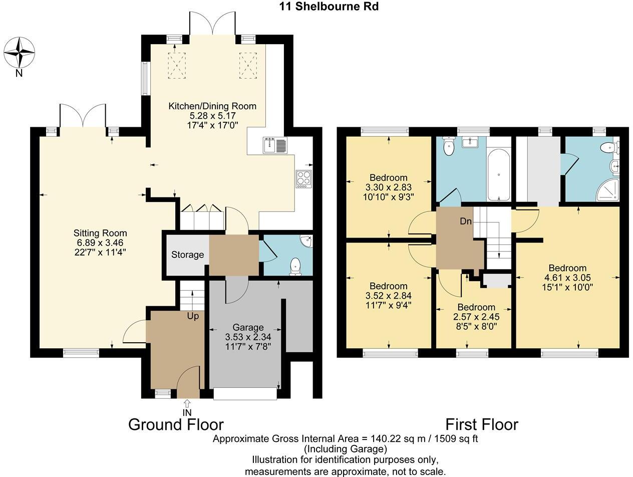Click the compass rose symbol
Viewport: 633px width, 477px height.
tap(20, 53)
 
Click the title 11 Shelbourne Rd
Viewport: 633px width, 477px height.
tap(329, 7)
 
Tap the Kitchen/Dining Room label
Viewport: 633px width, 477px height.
tap(212, 106)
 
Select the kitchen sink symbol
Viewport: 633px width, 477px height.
tap(274, 145)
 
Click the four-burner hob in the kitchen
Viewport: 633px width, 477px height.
tap(303, 179)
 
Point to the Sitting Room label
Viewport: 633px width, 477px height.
tap(100, 233)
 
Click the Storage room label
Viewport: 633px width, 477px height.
tap(187, 255)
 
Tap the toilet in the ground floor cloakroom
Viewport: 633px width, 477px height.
tap(295, 266)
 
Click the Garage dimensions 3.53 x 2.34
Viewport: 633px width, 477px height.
tap(244, 337)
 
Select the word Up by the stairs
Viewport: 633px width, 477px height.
tap(193, 317)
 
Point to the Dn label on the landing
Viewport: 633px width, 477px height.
tap(466, 221)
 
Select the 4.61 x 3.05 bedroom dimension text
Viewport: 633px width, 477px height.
tap(567, 278)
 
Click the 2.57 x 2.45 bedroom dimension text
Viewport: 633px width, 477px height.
tap(476, 317)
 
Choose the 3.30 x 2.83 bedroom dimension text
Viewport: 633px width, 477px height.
tap(389, 187)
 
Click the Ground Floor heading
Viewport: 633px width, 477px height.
tap(176, 424)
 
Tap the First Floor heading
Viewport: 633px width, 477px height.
tap(481, 424)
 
